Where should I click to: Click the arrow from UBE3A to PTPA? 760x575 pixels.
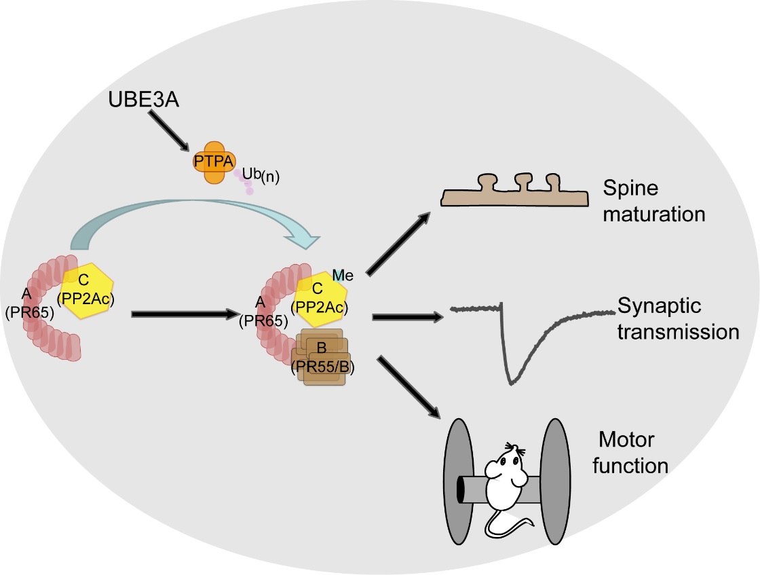coord(170,131)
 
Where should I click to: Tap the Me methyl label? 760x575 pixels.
coord(343,274)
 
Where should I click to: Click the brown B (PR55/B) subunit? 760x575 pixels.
coord(322,360)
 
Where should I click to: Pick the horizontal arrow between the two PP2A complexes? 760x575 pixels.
coord(183,314)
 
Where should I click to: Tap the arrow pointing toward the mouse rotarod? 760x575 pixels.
coord(407,385)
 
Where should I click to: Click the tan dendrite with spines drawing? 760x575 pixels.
coord(513,194)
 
